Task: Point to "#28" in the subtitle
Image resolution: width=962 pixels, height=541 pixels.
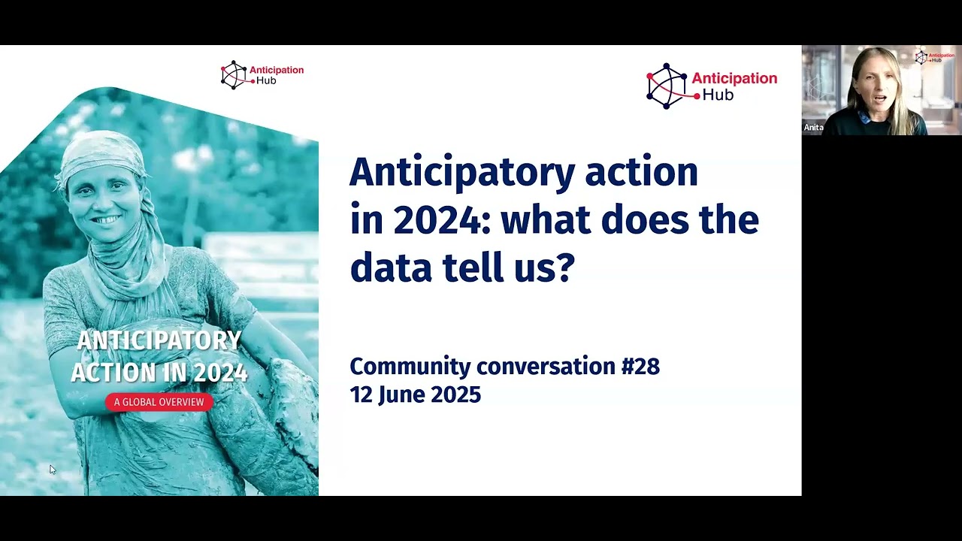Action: click(640, 367)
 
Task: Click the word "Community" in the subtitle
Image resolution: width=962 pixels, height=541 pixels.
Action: click(410, 367)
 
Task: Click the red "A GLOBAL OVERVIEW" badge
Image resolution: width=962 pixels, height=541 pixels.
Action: click(159, 402)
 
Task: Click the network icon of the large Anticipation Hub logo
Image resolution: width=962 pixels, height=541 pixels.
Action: click(667, 86)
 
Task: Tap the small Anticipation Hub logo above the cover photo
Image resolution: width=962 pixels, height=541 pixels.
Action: click(262, 75)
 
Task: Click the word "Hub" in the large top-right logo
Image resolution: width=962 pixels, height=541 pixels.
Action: click(718, 95)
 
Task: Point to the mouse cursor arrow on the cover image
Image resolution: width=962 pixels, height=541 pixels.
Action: click(52, 469)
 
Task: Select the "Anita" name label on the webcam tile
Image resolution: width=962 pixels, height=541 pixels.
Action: click(813, 128)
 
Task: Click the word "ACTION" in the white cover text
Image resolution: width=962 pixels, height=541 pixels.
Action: click(105, 373)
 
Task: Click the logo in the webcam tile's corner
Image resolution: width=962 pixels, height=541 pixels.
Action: click(934, 57)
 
